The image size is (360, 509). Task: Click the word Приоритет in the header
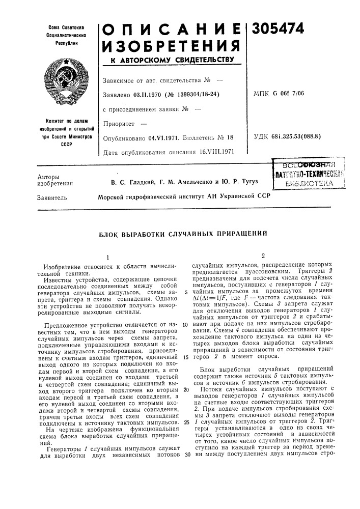tap(117, 123)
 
